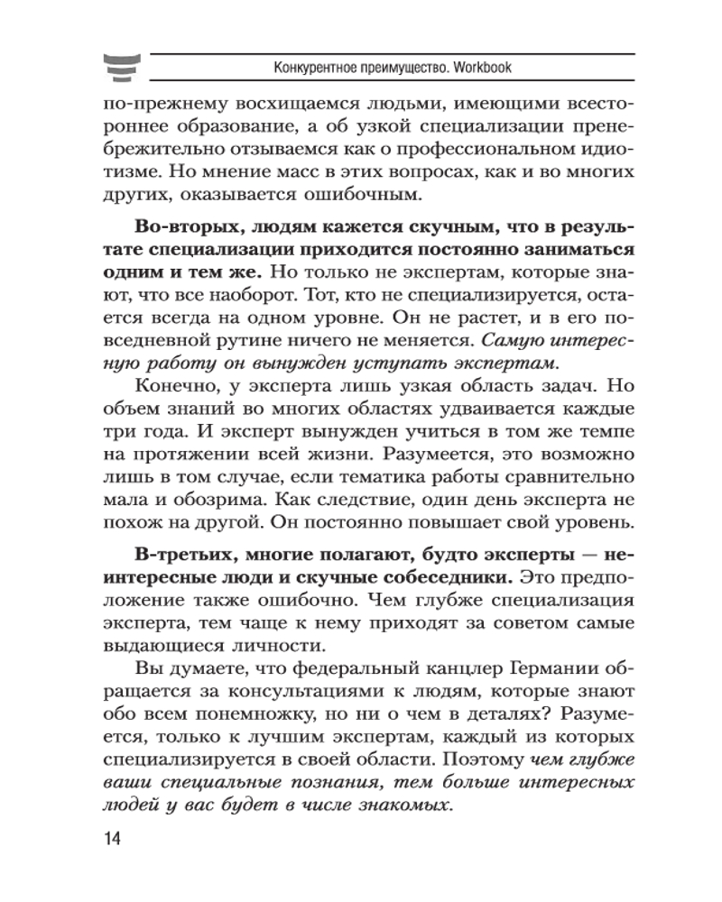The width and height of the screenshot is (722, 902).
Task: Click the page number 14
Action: click(113, 838)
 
